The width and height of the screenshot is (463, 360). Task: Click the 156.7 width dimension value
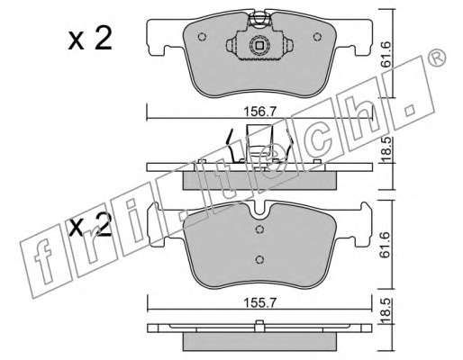(259, 112)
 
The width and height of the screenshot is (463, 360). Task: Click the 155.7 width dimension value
(259, 303)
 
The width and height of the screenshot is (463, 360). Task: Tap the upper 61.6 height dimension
(386, 54)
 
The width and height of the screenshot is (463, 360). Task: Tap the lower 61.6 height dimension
(386, 245)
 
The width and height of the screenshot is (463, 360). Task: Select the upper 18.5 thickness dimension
(386, 149)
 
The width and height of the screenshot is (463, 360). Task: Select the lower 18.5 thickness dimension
(386, 311)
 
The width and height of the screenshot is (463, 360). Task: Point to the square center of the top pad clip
(259, 46)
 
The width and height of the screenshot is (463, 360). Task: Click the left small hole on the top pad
(202, 37)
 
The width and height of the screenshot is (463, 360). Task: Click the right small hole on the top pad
(317, 37)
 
